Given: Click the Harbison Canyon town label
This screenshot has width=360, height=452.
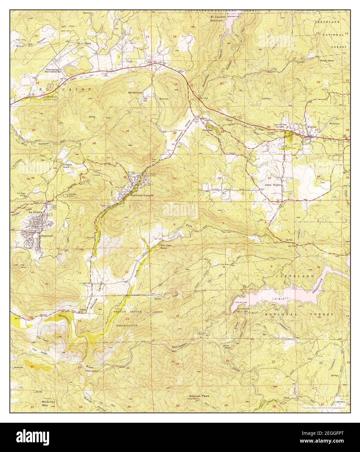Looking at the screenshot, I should pos(142,196).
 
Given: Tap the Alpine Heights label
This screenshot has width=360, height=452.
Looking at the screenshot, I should pos(272,185).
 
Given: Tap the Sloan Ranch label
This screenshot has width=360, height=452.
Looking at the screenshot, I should pos(227,348).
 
